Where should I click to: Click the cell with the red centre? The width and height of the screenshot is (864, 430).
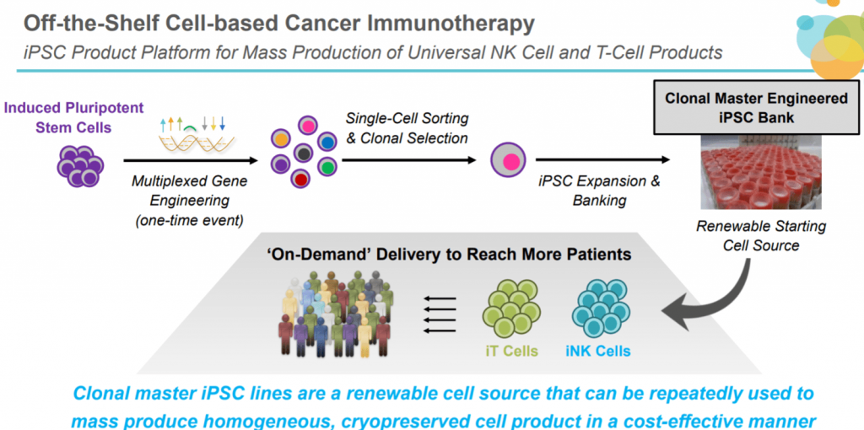pos(300,178)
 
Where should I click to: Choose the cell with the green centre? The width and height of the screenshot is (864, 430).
pos(327,165)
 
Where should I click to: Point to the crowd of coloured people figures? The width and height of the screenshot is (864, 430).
pos(335,312)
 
